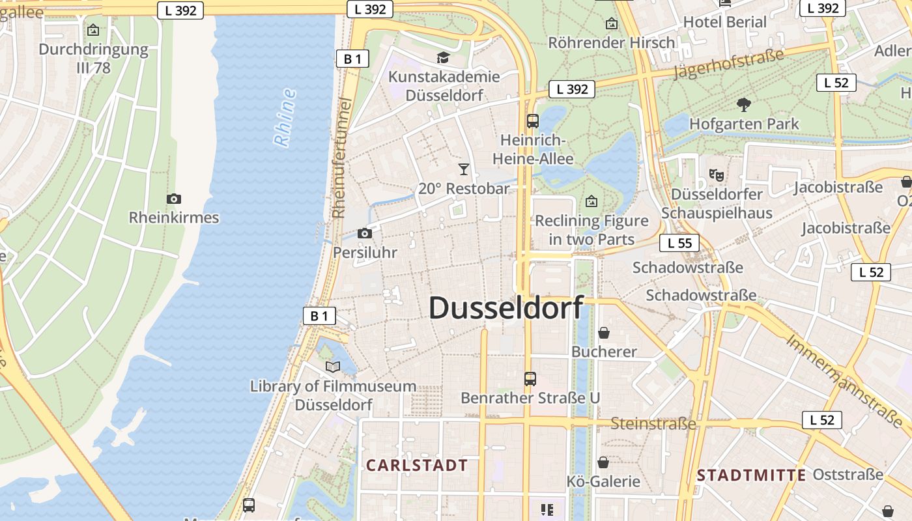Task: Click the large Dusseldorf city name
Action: pyautogui.click(x=506, y=307)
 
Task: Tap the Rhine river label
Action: pyautogui.click(x=285, y=118)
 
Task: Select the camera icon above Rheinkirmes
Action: pyautogui.click(x=173, y=199)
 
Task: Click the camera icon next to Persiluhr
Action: pyautogui.click(x=365, y=233)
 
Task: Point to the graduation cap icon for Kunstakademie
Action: pyautogui.click(x=443, y=57)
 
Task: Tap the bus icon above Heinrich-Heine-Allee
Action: pyautogui.click(x=533, y=120)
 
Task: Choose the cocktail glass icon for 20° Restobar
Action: pyautogui.click(x=463, y=169)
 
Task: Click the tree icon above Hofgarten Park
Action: pyautogui.click(x=743, y=104)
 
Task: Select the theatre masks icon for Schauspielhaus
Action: pyautogui.click(x=717, y=175)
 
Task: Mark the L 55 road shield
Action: pyautogui.click(x=679, y=244)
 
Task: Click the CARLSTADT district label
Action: pyautogui.click(x=417, y=466)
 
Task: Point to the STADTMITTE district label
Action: pyautogui.click(x=751, y=475)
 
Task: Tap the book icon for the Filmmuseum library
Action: pyautogui.click(x=333, y=367)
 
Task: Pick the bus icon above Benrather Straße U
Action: pyautogui.click(x=530, y=378)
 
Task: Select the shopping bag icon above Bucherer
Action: pyautogui.click(x=604, y=333)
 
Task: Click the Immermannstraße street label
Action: pyautogui.click(x=846, y=382)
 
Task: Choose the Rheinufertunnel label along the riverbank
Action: pyautogui.click(x=341, y=158)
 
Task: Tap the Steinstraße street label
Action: pyautogui.click(x=653, y=424)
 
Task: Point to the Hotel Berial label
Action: pyautogui.click(x=724, y=22)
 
